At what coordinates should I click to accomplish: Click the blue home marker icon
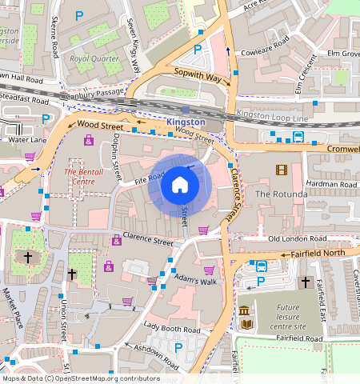point(180,186)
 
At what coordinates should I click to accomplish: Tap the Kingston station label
point(186,122)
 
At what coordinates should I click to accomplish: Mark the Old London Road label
point(298,239)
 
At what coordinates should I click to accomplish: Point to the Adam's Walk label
point(195,282)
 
